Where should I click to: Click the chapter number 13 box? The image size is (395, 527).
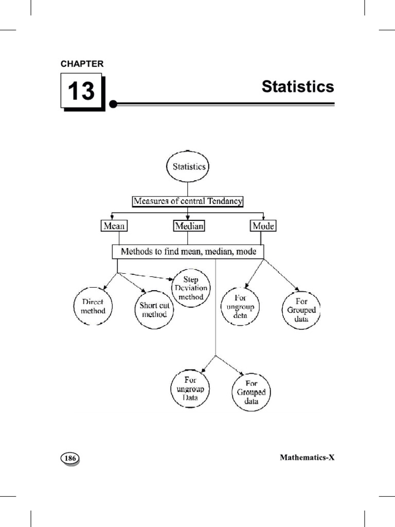coord(81,92)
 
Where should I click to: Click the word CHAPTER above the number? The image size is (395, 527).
coord(82,64)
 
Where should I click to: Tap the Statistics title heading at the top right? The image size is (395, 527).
coord(298,86)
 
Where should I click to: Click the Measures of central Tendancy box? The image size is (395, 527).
coord(188,201)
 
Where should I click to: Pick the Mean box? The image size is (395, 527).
coord(114,225)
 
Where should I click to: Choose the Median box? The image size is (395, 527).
coord(189,225)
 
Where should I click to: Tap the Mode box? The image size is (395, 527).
coord(263,225)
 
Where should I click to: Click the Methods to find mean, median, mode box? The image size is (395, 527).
coord(188,252)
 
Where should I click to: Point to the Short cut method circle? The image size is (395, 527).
coord(154,310)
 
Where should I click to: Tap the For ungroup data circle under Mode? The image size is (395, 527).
coord(240,307)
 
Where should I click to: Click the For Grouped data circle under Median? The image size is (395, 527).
coord(252,392)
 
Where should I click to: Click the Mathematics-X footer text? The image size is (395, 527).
coord(307,457)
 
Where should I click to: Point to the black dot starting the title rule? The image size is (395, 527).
coord(113,104)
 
